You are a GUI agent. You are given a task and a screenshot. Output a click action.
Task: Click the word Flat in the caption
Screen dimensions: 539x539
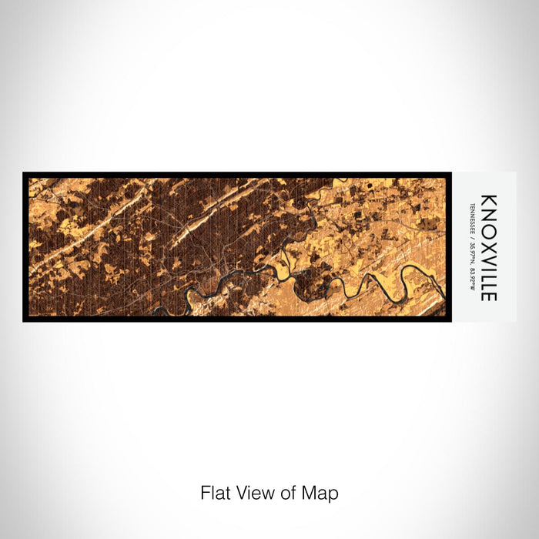pos(215,493)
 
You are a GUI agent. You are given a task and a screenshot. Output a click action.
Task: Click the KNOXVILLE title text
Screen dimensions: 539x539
pos(489,247)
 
